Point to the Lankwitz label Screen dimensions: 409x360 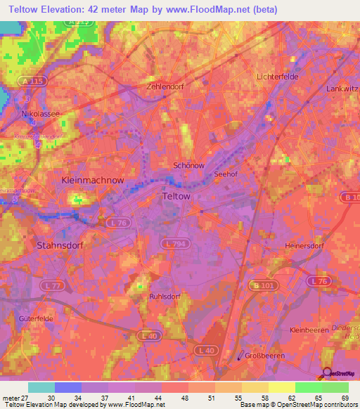[342, 89]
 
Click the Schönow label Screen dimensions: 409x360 [188, 166]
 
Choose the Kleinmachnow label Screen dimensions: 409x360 [93, 181]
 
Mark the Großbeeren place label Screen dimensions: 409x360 [268, 356]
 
